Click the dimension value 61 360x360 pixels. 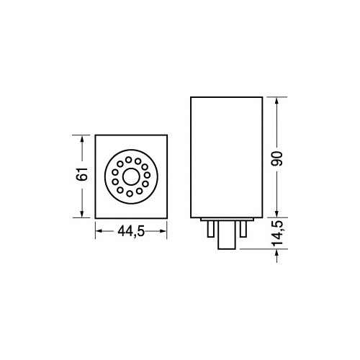pos(82,174)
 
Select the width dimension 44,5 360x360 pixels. pos(131,232)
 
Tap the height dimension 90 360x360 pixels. pos(277,159)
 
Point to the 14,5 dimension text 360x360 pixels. pos(278,233)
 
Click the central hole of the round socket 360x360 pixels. pos(131,176)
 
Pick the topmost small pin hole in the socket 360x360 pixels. pos(129,160)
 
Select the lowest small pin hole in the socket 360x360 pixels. pos(130,194)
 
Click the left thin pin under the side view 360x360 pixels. pos(211,229)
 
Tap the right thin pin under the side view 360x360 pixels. pos(243,229)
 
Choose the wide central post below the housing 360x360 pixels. pos(227,235)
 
